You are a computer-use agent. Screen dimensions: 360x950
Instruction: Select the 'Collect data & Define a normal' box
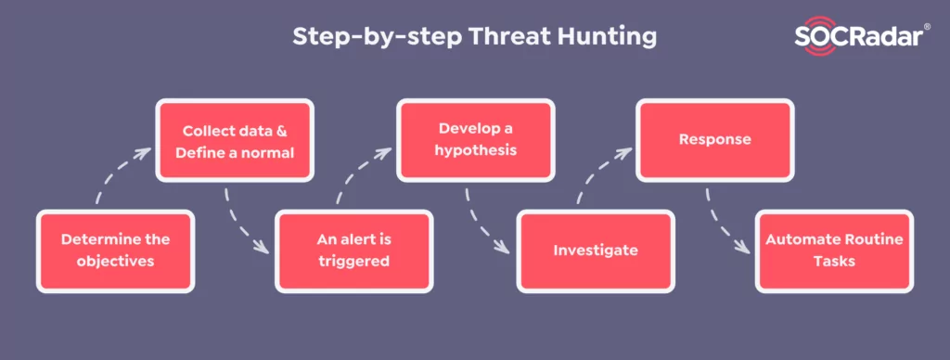click(x=233, y=140)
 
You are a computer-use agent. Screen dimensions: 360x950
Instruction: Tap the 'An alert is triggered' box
click(x=354, y=250)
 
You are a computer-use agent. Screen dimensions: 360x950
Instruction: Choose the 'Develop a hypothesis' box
click(x=475, y=140)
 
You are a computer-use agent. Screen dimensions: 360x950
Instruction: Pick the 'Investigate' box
click(x=594, y=250)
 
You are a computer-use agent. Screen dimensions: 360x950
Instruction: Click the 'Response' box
click(x=714, y=140)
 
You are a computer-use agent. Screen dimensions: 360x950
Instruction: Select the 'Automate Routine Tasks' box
click(x=833, y=250)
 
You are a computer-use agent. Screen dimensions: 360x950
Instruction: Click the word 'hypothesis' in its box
click(x=475, y=150)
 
